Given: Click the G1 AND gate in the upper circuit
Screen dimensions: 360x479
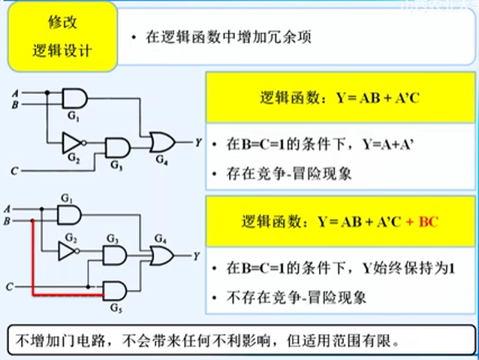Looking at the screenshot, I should (74, 99).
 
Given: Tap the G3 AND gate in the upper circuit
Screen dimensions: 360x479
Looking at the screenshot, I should (116, 147).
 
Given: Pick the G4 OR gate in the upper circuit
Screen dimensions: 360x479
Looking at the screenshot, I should (161, 141).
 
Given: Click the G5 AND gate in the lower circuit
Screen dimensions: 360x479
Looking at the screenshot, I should (113, 291).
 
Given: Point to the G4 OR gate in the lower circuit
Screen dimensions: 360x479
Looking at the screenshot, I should (161, 256).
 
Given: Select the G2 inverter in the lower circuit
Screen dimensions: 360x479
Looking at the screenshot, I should (69, 251).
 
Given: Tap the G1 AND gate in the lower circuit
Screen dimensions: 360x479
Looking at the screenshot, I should (70, 216).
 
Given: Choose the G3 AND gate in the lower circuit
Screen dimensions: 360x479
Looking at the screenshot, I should (114, 256).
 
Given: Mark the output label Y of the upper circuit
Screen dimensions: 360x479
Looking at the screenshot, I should (197, 141).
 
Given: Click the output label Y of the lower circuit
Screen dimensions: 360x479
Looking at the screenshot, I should (196, 256).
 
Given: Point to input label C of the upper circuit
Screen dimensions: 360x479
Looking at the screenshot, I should (14, 171).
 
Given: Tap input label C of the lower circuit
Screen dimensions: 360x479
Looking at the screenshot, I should (9, 287).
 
